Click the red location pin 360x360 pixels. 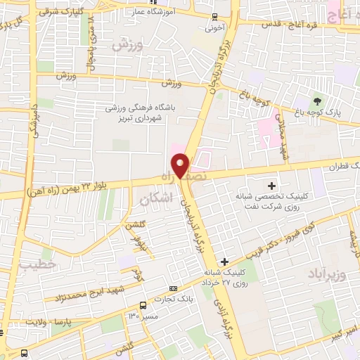coord(181,165)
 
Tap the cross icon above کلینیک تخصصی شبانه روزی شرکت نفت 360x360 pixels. coord(271,186)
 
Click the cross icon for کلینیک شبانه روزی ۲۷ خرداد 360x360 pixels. coord(224,261)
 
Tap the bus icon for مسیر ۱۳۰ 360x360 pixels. coord(143,305)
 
